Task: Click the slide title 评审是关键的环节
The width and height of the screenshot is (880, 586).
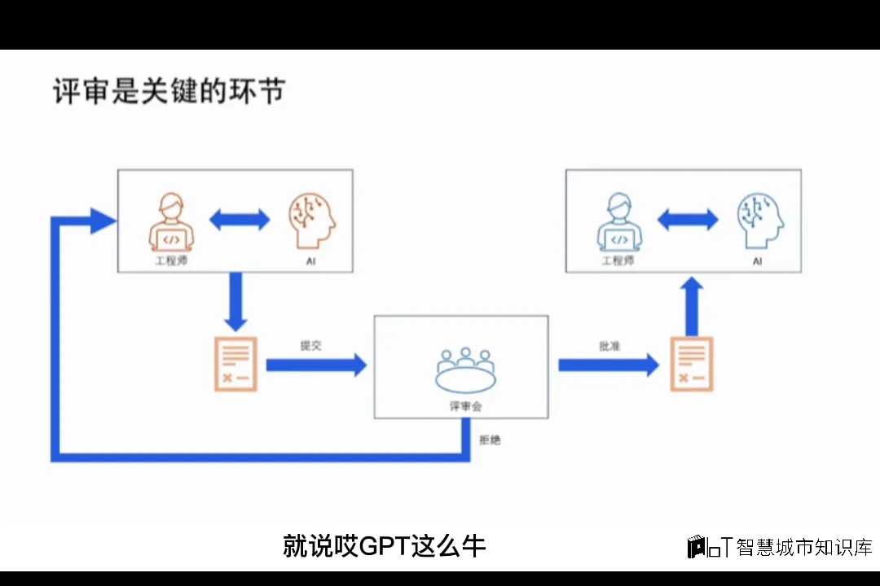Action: [x=169, y=91]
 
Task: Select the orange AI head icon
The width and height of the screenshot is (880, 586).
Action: [x=311, y=220]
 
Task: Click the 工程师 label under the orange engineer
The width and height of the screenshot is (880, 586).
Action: [x=171, y=261]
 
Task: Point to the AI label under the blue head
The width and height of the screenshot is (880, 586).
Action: [x=758, y=261]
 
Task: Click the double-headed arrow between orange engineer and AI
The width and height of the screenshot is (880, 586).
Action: [x=240, y=219]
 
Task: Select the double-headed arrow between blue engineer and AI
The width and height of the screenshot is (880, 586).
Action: [x=688, y=219]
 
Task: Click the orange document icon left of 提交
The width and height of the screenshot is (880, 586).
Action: [x=235, y=364]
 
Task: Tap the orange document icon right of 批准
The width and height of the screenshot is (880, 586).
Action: [x=691, y=364]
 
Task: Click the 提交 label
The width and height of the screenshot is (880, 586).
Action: [x=310, y=346]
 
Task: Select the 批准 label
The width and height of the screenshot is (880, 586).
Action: [x=609, y=346]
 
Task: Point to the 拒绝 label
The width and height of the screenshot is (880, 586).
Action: [x=490, y=440]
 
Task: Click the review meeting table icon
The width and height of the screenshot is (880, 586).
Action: [x=464, y=370]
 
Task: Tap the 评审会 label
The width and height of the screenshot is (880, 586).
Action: [x=465, y=406]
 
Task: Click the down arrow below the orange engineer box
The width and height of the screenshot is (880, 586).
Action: [x=236, y=301]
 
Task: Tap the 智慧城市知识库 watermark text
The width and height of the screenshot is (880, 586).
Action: [x=803, y=547]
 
